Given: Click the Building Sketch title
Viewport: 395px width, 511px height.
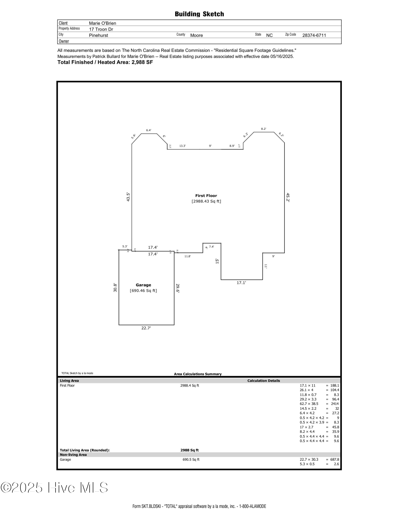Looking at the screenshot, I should [199, 14].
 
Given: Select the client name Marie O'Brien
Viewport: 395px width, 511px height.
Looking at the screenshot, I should [103, 23].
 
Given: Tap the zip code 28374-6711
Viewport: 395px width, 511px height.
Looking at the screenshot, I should [314, 35].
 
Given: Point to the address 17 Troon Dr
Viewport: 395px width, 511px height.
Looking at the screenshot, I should [101, 29].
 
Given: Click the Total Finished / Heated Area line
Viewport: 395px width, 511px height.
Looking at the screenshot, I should [105, 62].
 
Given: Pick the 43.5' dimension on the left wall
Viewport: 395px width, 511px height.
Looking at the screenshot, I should [128, 197].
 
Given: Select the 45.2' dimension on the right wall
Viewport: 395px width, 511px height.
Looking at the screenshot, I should [288, 198].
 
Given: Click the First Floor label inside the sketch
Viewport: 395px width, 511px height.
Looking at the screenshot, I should [206, 196].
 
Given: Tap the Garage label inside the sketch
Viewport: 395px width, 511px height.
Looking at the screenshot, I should [143, 285].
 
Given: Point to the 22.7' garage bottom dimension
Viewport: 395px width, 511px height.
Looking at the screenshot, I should [146, 328].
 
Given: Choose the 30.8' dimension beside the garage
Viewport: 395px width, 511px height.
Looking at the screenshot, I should [115, 288].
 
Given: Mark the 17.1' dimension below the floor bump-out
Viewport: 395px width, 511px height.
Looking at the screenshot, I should [241, 283].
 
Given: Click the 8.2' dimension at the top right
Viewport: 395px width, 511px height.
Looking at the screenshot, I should [264, 129].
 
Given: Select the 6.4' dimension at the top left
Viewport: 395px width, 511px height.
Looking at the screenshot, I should [149, 130].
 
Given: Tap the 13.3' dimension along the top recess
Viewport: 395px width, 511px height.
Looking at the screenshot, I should [182, 146].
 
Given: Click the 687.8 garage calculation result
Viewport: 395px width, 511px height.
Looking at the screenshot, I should [335, 459].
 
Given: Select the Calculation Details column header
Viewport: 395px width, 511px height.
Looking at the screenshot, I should [264, 381].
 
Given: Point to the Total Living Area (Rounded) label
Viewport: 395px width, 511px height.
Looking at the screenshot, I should [85, 450].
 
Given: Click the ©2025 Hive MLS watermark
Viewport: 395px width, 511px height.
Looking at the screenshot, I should [54, 488].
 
